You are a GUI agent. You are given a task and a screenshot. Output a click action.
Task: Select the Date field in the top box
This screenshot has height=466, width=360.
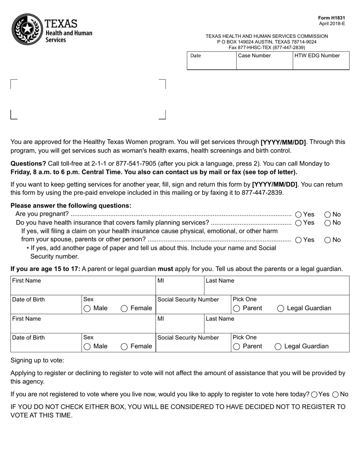211,61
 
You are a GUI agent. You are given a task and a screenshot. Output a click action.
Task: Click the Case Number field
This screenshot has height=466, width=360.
265,61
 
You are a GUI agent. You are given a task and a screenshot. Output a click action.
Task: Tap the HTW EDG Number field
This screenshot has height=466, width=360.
321,61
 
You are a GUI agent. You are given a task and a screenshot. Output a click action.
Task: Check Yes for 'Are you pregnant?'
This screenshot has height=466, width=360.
298,214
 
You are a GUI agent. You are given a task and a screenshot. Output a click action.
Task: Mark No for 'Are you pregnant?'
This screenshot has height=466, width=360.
328,214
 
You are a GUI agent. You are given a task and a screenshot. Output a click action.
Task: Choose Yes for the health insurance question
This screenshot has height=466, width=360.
298,223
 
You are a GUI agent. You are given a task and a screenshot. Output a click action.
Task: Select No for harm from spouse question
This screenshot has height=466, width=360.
328,240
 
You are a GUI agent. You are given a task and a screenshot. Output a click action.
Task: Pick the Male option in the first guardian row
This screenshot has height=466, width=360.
87,308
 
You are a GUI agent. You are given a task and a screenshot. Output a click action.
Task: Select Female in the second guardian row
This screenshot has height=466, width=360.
124,346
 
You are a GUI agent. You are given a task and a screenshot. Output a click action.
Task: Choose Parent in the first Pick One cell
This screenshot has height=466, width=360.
237,308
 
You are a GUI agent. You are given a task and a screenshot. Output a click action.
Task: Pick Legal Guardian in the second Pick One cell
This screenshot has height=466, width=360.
278,346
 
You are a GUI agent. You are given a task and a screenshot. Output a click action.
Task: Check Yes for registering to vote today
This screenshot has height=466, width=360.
314,394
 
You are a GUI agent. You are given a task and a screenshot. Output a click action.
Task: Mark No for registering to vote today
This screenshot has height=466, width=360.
335,394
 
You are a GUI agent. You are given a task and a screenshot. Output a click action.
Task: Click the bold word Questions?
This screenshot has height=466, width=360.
28,164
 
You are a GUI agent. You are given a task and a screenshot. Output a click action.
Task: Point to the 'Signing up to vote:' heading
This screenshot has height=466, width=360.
37,360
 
